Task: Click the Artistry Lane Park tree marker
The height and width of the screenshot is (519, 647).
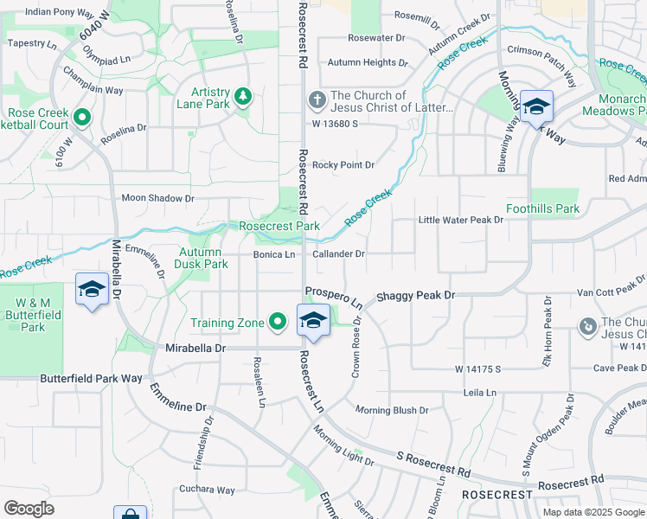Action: [x=243, y=97]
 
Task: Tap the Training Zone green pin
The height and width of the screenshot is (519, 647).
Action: [x=278, y=323]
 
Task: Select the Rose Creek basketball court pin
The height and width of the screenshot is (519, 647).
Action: [x=82, y=116]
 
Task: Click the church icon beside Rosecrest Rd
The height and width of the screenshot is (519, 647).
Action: [x=317, y=100]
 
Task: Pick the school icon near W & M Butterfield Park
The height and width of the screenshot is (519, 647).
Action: [x=92, y=290]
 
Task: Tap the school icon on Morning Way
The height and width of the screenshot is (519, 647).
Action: [x=536, y=107]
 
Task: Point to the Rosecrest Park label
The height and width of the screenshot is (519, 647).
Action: [x=279, y=226]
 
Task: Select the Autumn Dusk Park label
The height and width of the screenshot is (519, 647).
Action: [x=202, y=258]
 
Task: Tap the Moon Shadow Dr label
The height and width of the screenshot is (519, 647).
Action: [x=158, y=198]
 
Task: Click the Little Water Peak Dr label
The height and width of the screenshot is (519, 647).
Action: [x=460, y=220]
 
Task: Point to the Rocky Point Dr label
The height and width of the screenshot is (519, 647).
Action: [x=343, y=164]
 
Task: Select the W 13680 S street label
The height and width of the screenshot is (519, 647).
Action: [x=335, y=124]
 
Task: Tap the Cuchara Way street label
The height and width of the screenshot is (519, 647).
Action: [x=207, y=490]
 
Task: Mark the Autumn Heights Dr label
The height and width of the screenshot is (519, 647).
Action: [x=367, y=62]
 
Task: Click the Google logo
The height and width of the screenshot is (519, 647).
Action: [x=29, y=509]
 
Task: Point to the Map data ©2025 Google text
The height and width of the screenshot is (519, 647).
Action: [x=593, y=512]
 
